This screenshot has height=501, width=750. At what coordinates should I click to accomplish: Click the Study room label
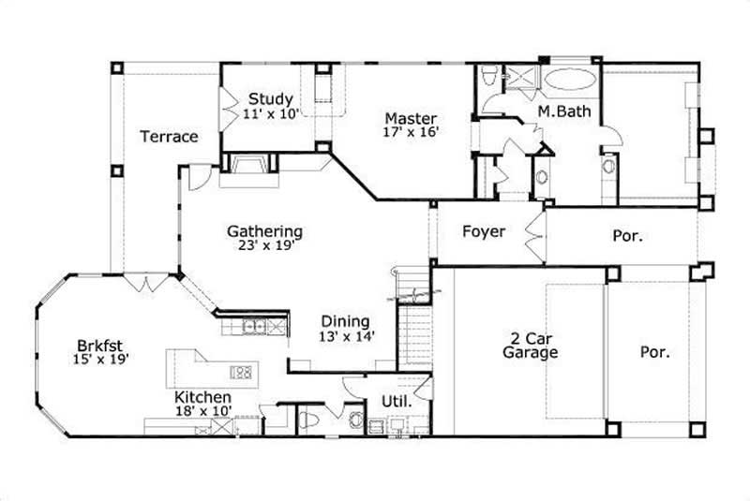271,99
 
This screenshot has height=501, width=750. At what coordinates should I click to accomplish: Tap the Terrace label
169,137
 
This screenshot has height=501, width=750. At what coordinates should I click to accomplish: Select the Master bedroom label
411,119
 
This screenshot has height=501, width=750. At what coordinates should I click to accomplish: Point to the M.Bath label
556,111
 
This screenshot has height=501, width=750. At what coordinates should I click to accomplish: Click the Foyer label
484,231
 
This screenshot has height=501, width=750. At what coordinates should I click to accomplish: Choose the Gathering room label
264,231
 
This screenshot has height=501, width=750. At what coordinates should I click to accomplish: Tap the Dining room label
345,321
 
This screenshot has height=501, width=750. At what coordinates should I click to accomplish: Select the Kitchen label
202,398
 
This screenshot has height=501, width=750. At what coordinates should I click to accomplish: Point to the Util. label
394,402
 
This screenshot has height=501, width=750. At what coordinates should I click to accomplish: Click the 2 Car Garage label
530,346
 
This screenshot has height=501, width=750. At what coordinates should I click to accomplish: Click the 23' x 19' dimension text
264,246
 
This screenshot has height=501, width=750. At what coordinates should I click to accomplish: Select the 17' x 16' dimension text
411,133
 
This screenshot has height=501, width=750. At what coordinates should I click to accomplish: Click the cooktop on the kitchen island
241,372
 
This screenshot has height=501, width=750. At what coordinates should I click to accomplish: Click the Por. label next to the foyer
627,236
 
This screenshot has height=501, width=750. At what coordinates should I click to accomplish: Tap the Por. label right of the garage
654,353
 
